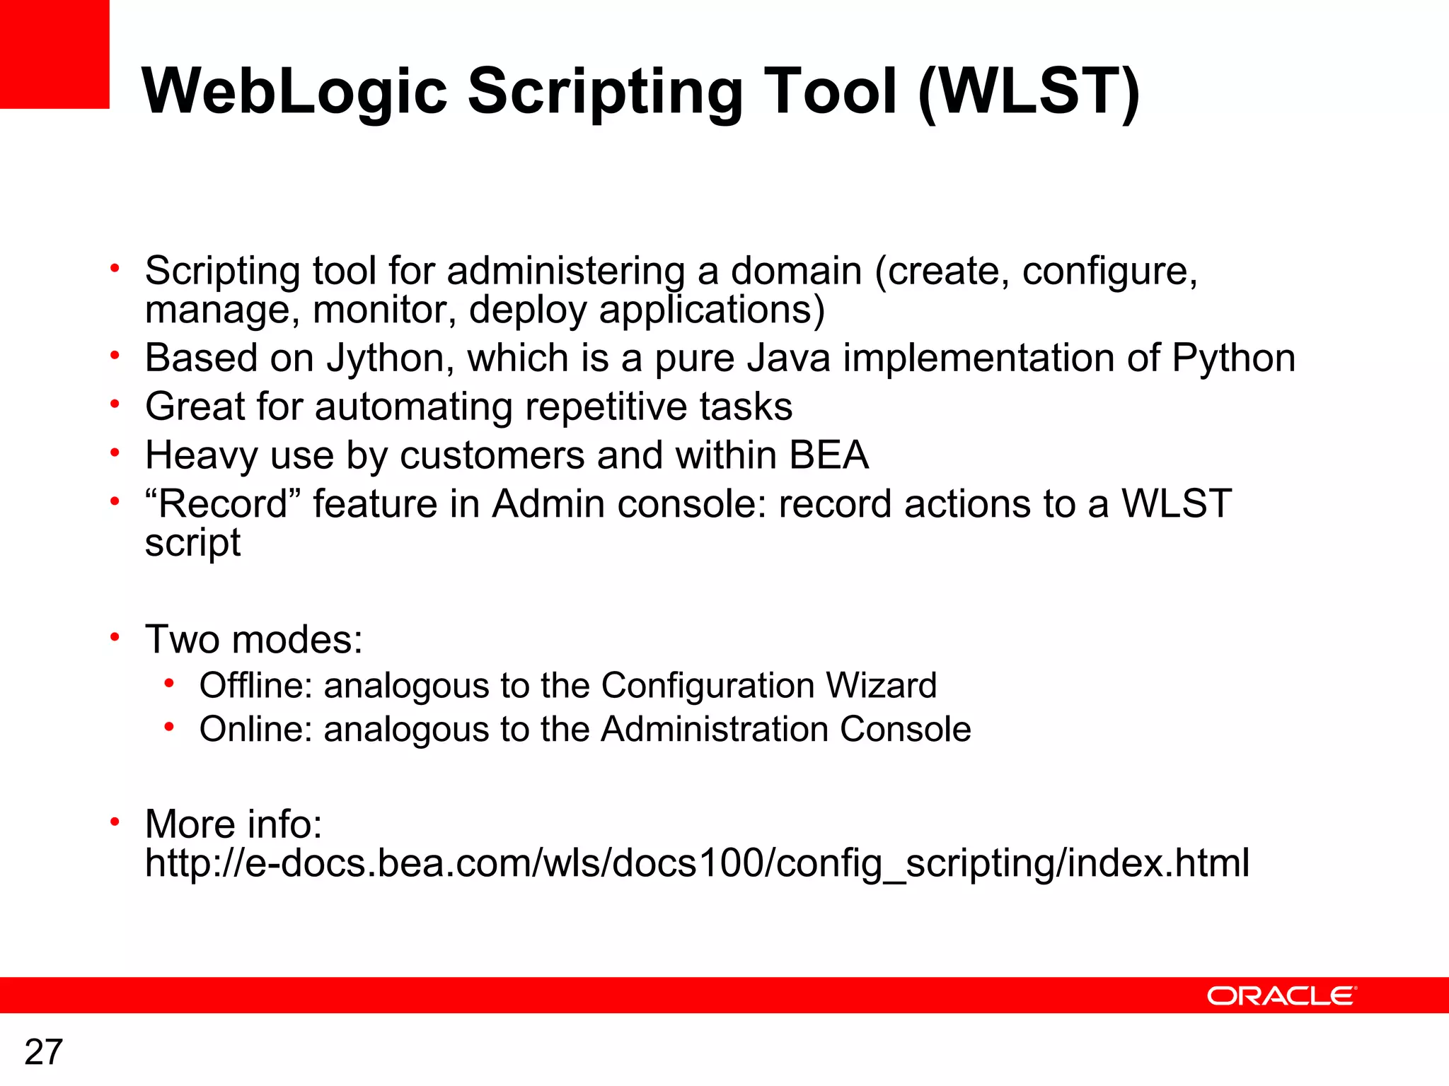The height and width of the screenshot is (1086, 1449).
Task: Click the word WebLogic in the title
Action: click(x=294, y=92)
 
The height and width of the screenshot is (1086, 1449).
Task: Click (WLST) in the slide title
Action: click(x=1029, y=92)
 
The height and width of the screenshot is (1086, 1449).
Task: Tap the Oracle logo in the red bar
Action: click(x=1281, y=996)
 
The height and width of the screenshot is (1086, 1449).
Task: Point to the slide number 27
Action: click(x=44, y=1052)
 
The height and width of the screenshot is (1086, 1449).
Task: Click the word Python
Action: click(x=1233, y=358)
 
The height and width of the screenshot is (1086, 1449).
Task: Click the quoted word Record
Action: click(x=222, y=504)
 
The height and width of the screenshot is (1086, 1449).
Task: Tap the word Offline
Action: click(x=255, y=686)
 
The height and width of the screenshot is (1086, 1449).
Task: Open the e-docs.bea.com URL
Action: click(x=697, y=864)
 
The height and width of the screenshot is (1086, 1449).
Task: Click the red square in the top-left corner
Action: click(x=54, y=54)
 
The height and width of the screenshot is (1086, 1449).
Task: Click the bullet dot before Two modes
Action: click(x=115, y=637)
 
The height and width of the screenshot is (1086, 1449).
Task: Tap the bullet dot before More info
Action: click(x=115, y=822)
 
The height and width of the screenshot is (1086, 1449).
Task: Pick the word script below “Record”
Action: click(x=192, y=543)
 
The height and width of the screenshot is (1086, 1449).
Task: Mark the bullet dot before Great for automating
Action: click(x=115, y=404)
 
